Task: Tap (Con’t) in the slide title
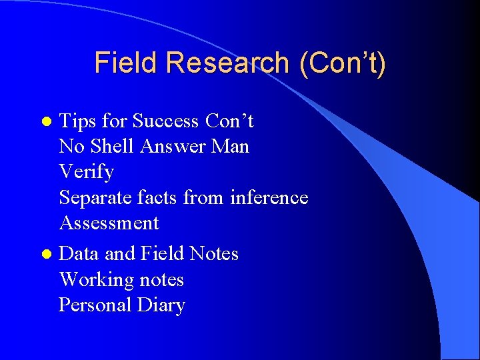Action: pos(342,63)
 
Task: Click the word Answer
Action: pos(175,146)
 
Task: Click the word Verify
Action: pos(87,172)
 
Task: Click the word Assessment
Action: pos(109,223)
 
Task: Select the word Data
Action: pos(79,253)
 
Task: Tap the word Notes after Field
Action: pos(213,253)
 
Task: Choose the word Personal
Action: pos(95,305)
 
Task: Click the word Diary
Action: pos(161,305)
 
